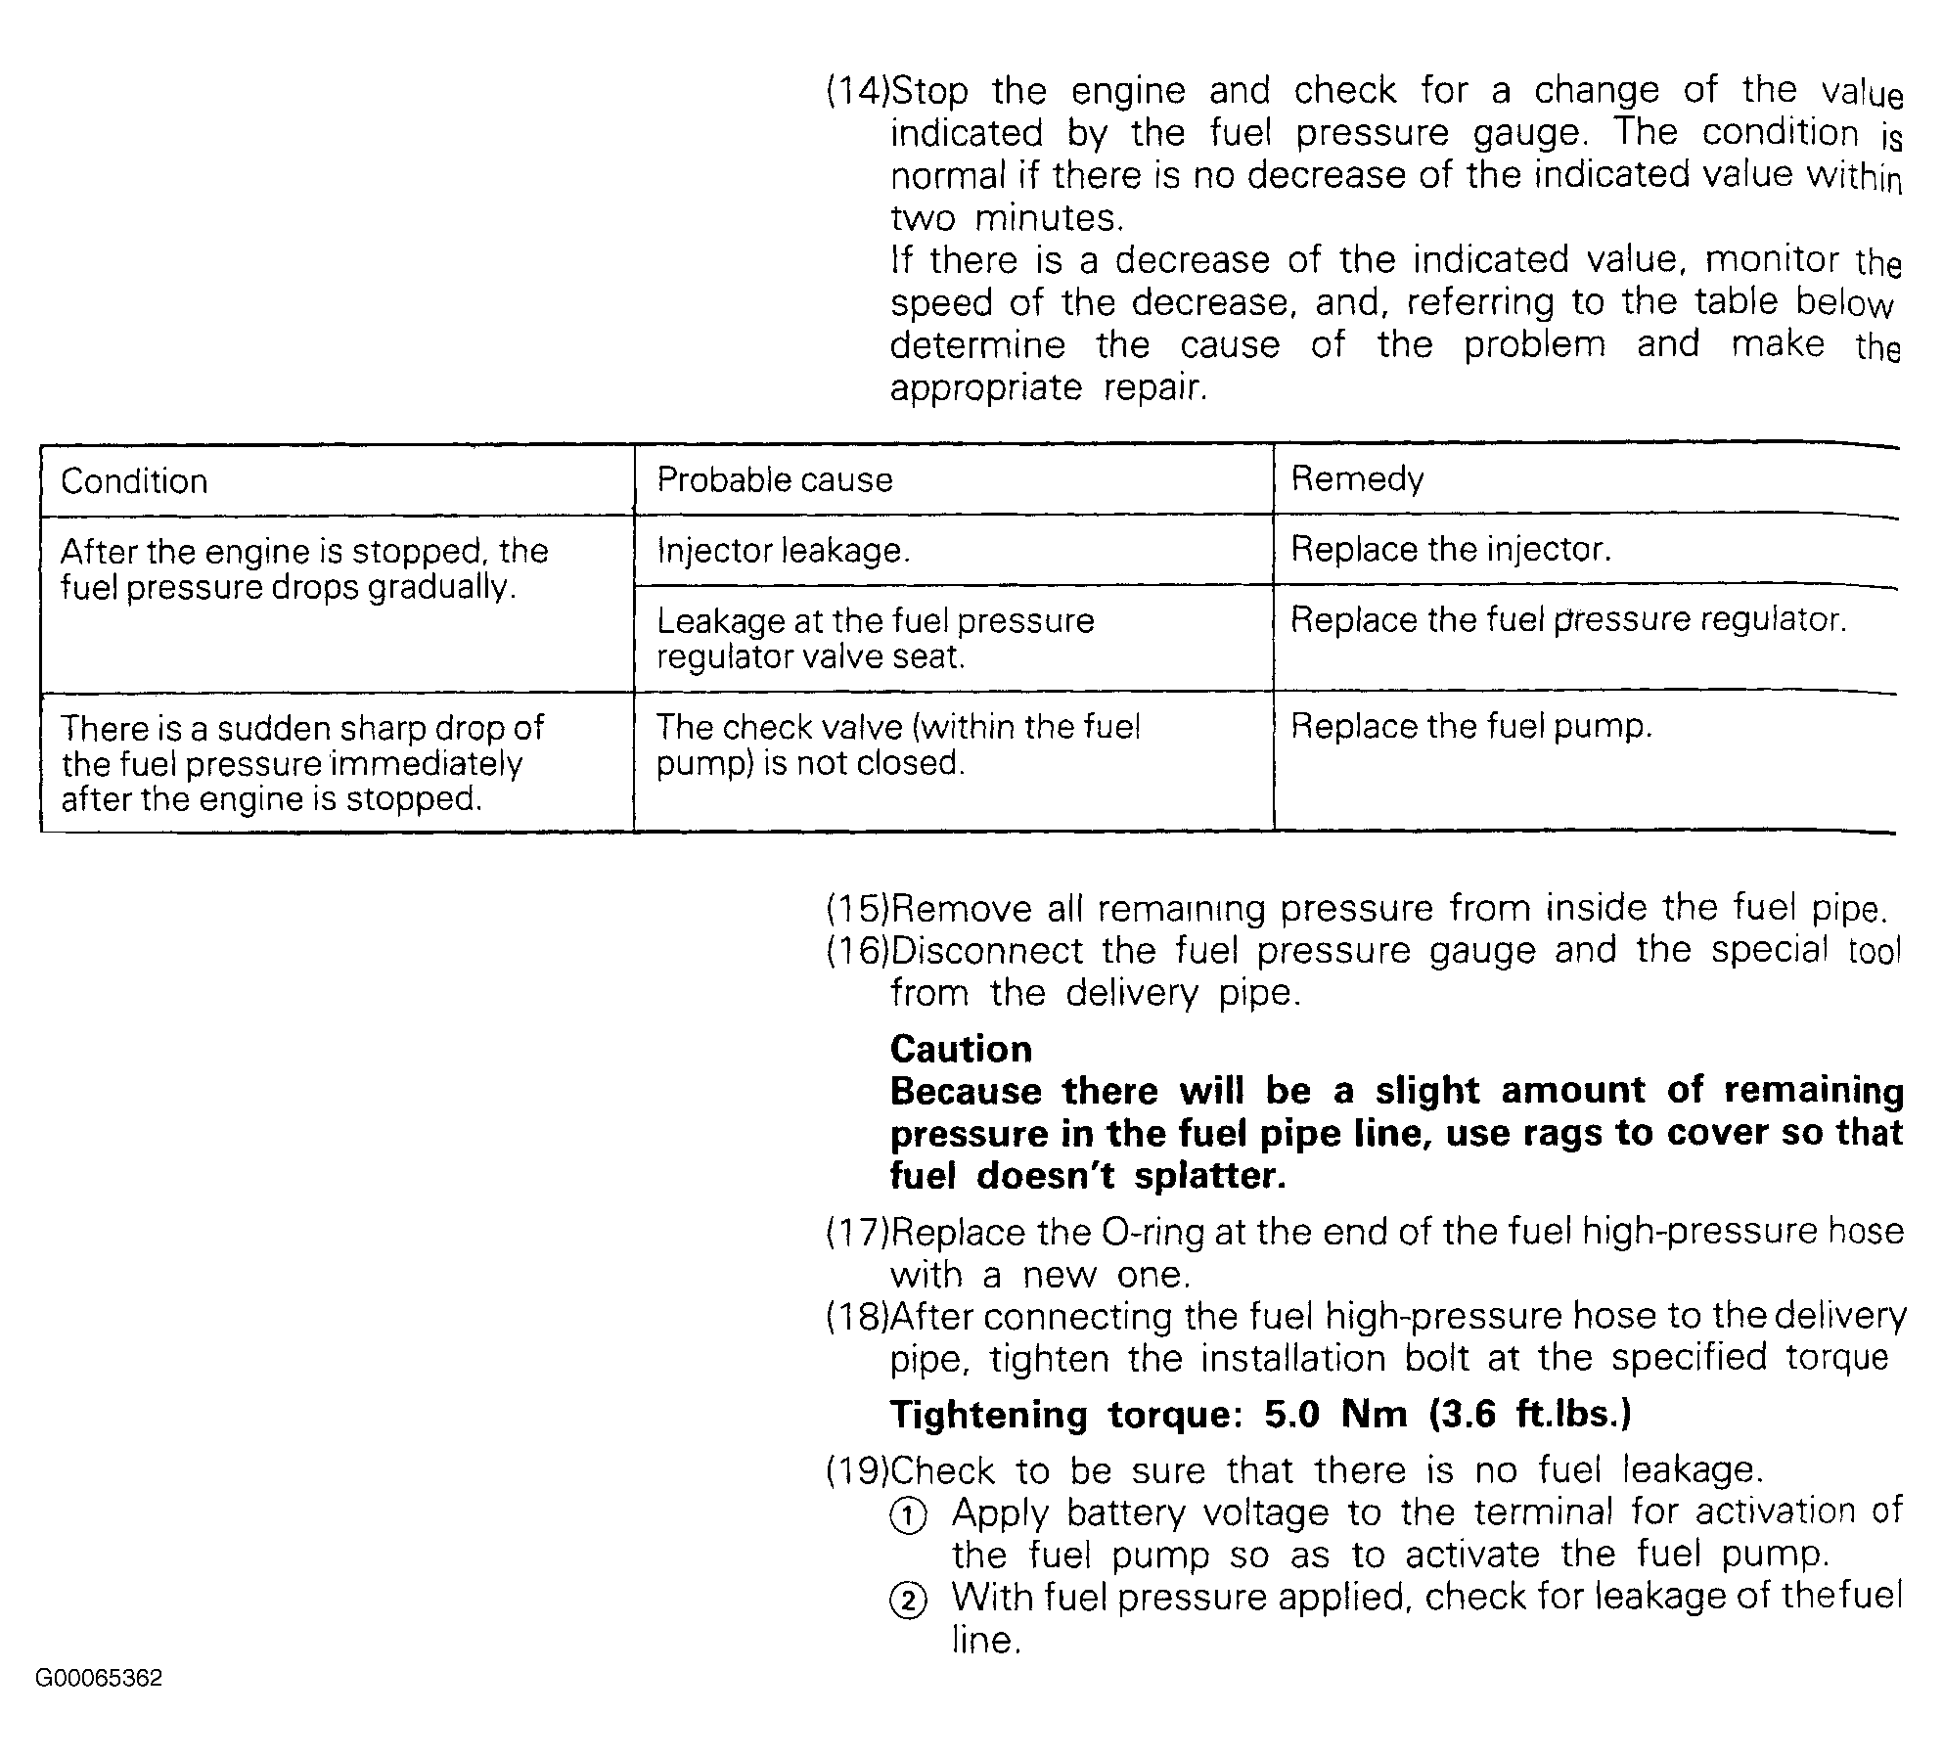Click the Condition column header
click(135, 481)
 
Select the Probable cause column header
click(775, 479)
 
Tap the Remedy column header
click(1358, 478)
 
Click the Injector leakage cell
click(784, 551)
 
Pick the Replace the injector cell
click(1450, 549)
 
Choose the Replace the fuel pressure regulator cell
click(1568, 619)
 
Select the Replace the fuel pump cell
click(1471, 726)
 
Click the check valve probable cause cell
click(897, 745)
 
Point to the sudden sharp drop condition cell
click(302, 763)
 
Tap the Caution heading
click(961, 1049)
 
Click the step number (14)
click(858, 91)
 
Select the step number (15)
click(858, 909)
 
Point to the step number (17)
click(858, 1232)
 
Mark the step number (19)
click(858, 1470)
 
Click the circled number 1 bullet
click(907, 1516)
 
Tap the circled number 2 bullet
click(907, 1602)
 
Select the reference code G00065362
click(99, 1679)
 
